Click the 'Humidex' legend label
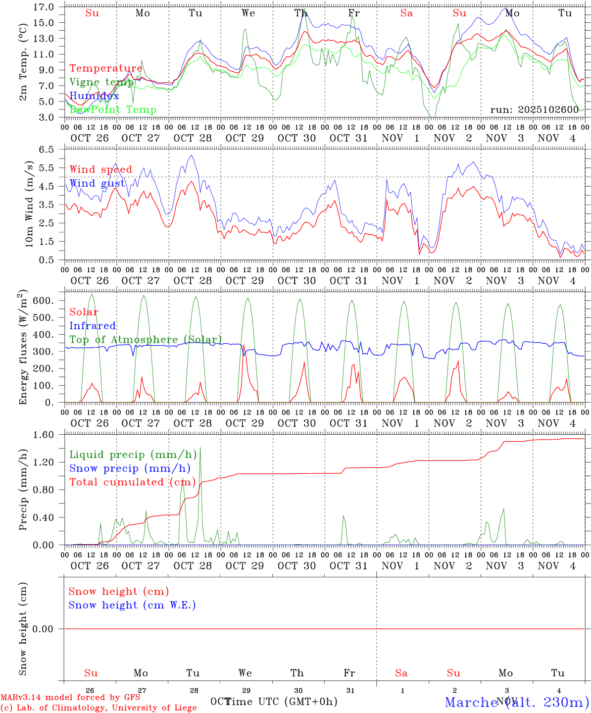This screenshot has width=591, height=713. [94, 96]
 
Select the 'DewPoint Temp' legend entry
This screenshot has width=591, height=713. [113, 110]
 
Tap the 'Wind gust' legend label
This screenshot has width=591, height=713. [97, 183]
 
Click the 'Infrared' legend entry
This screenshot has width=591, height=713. [93, 326]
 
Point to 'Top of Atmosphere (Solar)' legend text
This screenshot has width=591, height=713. [146, 340]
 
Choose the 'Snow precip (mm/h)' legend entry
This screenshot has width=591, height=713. [130, 468]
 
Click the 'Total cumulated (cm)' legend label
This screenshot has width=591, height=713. [133, 482]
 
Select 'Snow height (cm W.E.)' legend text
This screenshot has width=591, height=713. [132, 605]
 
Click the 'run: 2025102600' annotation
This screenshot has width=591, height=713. [534, 109]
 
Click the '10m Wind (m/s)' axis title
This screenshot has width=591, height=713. [29, 204]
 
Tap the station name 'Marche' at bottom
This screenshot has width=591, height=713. [471, 702]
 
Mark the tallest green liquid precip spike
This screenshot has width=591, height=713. [200, 448]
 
